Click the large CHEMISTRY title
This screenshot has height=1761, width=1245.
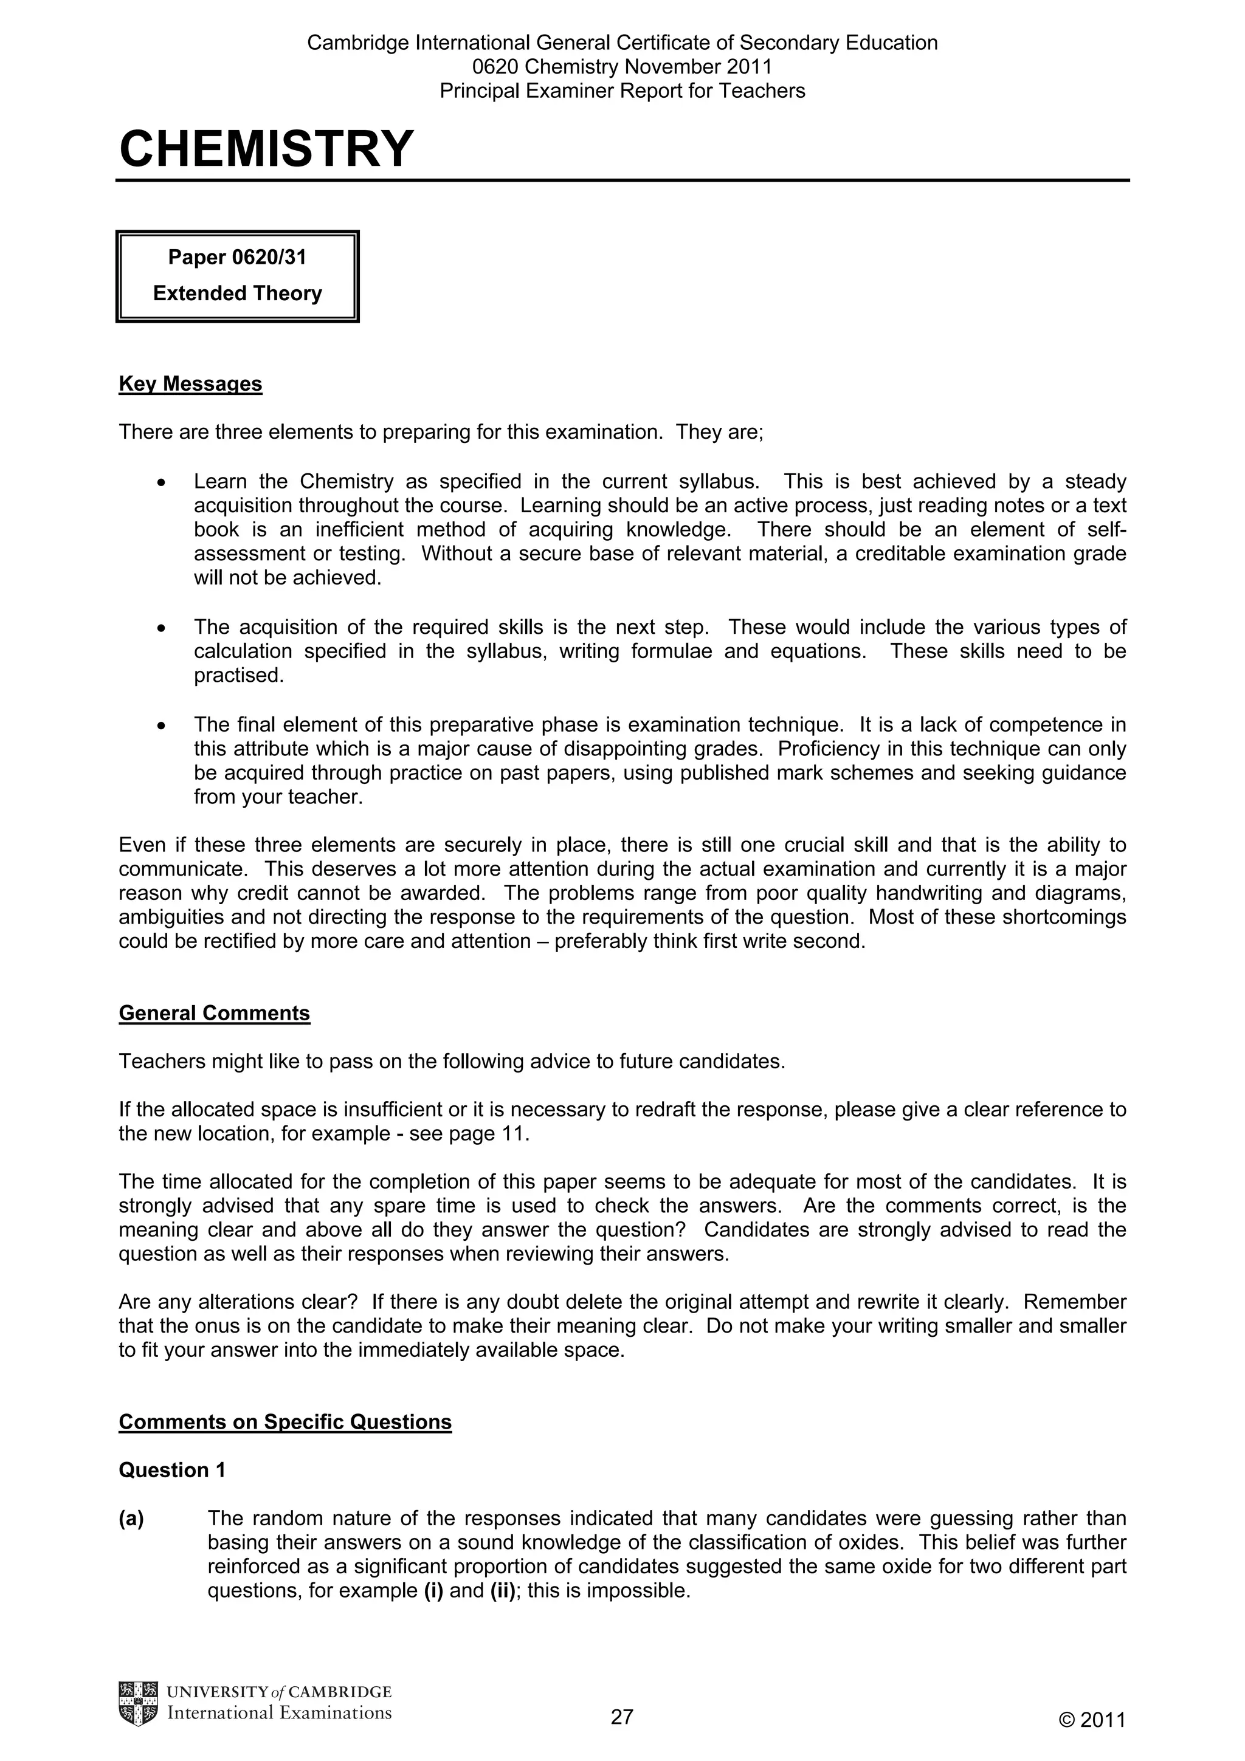point(266,149)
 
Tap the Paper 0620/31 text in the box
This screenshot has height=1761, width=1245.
point(237,258)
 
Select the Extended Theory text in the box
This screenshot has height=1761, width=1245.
point(237,293)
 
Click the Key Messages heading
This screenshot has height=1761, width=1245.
point(190,384)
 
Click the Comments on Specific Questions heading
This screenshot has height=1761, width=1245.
point(285,1422)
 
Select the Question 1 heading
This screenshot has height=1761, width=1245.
point(172,1471)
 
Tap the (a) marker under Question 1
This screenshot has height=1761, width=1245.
point(131,1519)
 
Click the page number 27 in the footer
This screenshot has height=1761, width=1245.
point(621,1716)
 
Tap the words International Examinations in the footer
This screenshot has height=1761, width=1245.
point(279,1712)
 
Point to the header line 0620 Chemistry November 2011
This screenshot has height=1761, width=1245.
point(621,67)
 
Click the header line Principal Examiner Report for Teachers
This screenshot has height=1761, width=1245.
point(621,91)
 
